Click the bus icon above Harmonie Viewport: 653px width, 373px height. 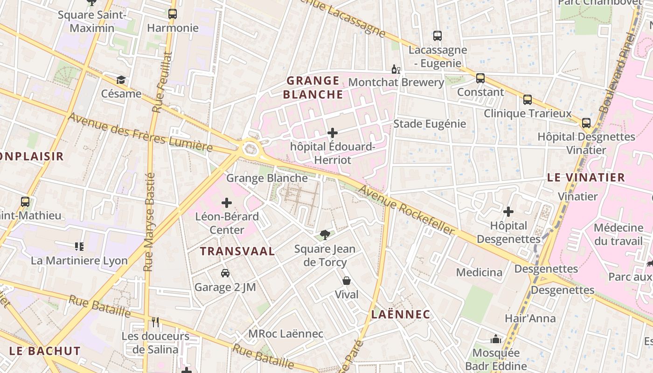(173, 14)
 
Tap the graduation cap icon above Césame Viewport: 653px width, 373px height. (121, 80)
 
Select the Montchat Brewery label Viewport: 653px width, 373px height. (396, 83)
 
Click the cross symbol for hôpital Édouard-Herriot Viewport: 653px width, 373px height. (333, 133)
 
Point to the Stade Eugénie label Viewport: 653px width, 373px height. (430, 124)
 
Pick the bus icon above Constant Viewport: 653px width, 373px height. (480, 78)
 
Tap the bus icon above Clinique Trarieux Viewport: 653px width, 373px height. (528, 99)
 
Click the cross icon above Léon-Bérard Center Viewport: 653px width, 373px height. (227, 203)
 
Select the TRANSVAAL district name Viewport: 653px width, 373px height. (237, 251)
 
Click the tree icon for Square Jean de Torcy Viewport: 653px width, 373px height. (325, 235)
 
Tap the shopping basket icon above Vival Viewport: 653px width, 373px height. (347, 281)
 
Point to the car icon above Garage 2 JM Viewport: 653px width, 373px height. (225, 273)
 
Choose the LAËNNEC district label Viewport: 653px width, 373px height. (401, 314)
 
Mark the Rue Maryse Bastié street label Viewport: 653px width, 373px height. (149, 222)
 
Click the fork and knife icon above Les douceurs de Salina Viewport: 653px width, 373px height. (155, 322)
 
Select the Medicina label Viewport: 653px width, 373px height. (479, 272)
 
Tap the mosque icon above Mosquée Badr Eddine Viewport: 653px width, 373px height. (495, 339)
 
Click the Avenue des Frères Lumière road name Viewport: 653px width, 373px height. (140, 132)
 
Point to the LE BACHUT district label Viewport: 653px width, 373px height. (45, 351)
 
